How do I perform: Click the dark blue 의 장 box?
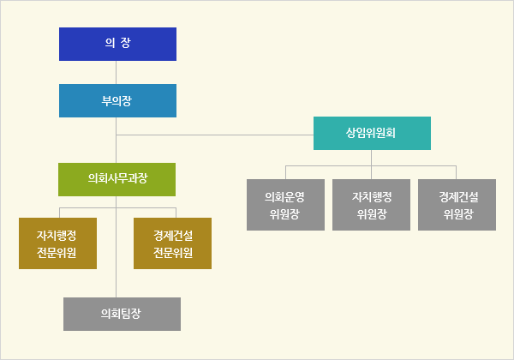[117, 44]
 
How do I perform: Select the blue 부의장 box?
[117, 100]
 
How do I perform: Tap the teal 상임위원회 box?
[372, 133]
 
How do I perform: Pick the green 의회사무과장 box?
[117, 179]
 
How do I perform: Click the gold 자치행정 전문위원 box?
[58, 243]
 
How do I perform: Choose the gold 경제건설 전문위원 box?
[173, 243]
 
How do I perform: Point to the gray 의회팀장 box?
[122, 314]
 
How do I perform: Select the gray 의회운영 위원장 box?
[285, 205]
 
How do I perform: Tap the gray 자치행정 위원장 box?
[372, 205]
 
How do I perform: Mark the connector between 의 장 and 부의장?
[117, 72]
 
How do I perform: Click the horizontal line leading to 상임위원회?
[214, 135]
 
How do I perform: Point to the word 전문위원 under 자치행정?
[58, 253]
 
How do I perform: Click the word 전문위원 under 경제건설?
[173, 253]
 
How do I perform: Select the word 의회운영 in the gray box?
[285, 196]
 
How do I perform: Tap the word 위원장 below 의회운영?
[285, 214]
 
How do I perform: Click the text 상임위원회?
[372, 133]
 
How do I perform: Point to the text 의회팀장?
[122, 314]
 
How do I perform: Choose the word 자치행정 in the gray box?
[372, 196]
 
